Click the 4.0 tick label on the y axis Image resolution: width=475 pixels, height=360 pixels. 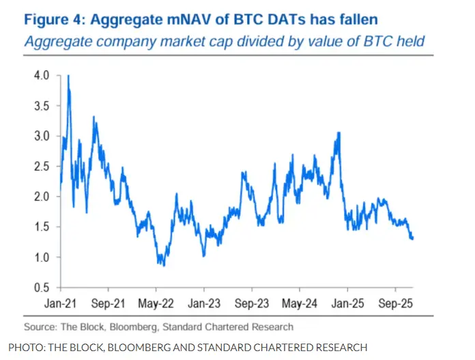coord(42,76)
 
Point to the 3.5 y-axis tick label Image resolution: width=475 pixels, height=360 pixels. coord(42,106)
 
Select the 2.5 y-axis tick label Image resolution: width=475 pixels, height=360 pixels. coord(42,166)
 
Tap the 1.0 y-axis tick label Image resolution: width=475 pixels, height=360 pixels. coord(42,257)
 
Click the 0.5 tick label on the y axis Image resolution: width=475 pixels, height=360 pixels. coord(42,287)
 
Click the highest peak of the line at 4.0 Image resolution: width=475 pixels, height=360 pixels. coord(68,76)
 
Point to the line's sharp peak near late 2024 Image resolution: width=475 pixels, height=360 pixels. coord(338,133)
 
